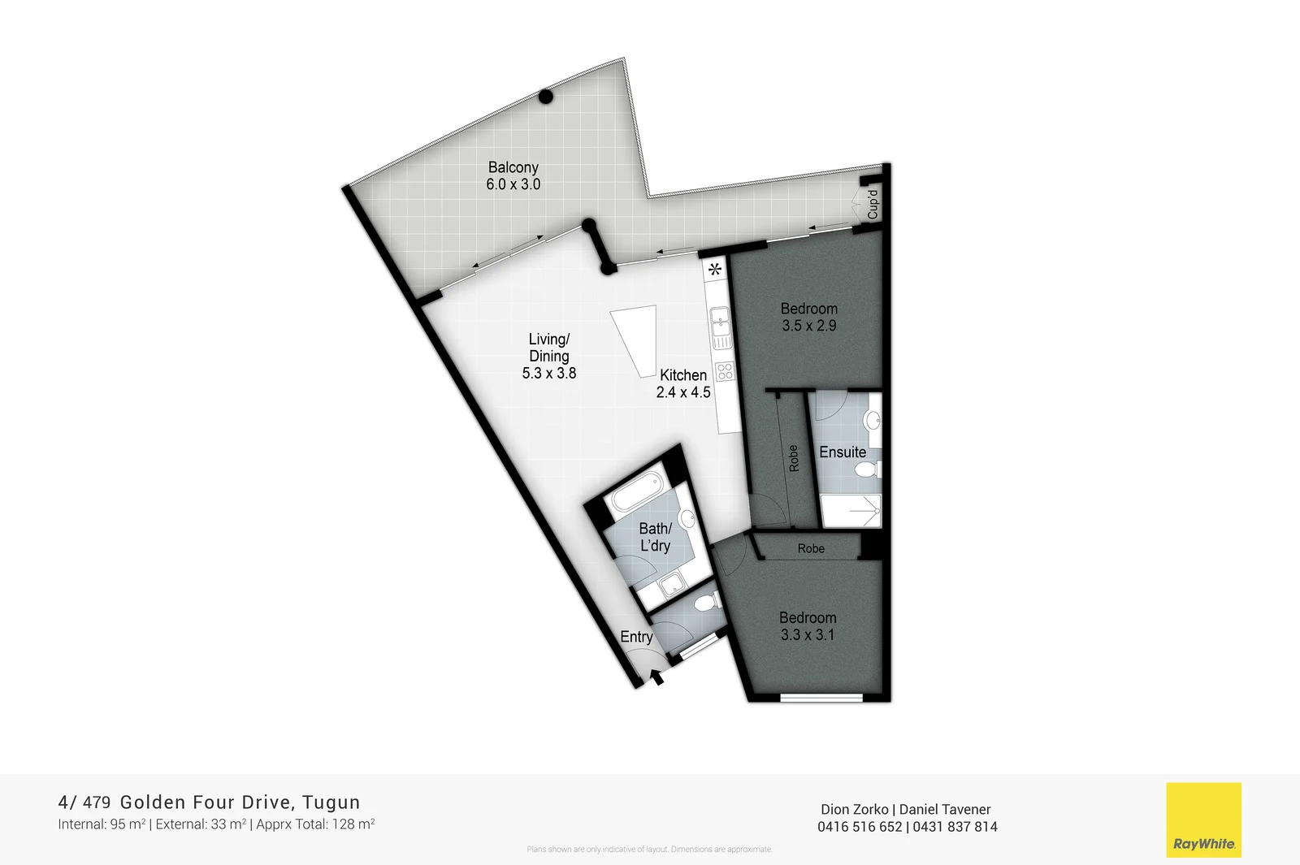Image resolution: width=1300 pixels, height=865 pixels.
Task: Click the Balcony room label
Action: coord(513,167)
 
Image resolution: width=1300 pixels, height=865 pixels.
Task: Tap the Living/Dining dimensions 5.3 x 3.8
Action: coord(549,374)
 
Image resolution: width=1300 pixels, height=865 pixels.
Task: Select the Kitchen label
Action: coord(683,375)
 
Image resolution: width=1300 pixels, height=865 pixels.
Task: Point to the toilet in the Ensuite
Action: coord(870,469)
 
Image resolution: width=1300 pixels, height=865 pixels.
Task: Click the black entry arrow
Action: coord(656,676)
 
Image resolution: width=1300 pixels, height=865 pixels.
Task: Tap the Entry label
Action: coord(636,637)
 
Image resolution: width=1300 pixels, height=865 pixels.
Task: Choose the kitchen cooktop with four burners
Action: coord(725,372)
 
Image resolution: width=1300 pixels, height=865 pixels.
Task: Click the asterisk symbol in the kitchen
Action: coord(715,270)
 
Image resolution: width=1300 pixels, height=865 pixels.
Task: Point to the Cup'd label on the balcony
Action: coord(873,204)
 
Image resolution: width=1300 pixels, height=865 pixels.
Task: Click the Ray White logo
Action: coord(1203,820)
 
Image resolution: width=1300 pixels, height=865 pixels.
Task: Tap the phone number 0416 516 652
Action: coord(860,827)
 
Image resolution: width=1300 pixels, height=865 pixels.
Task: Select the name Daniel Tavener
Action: coord(945,809)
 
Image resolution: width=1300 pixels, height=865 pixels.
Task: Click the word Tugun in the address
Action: coord(331,802)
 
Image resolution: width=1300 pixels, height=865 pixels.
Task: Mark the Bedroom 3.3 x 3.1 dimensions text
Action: coord(808,635)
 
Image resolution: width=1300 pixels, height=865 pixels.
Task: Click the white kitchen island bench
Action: coord(637,339)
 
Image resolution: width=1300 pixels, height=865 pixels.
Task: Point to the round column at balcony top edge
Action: coord(546,97)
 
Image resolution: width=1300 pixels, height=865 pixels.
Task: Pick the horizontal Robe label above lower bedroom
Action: coord(811,549)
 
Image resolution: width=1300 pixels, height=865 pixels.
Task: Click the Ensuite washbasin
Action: coord(873,420)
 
